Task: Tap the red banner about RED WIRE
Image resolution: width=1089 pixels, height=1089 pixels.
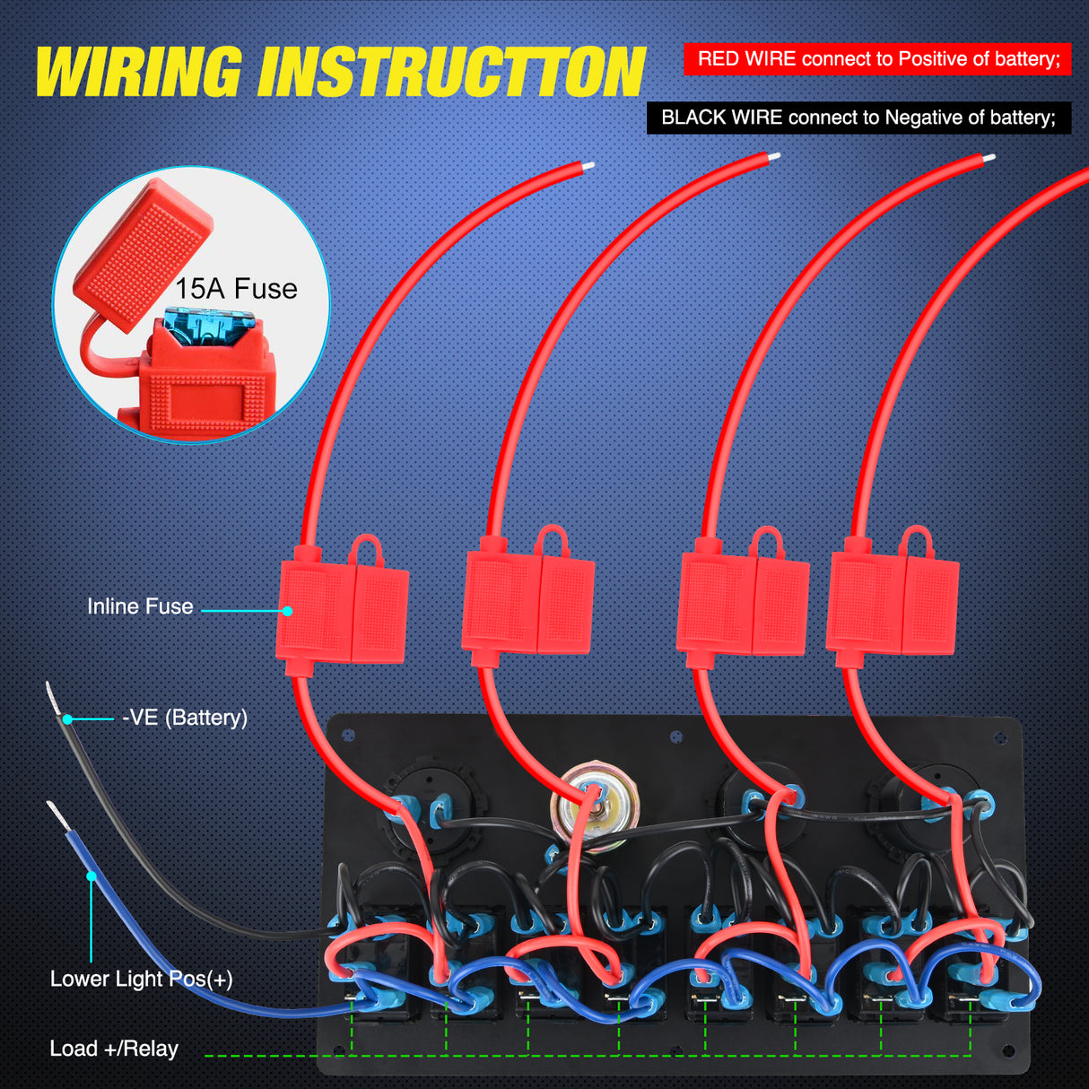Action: click(x=877, y=59)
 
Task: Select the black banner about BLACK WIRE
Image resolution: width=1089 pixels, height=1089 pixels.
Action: click(x=858, y=118)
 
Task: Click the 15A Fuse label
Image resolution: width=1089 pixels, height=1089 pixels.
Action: click(x=236, y=289)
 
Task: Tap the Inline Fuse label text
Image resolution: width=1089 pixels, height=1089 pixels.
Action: click(x=140, y=606)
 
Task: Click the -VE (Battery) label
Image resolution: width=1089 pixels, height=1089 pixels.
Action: click(x=185, y=718)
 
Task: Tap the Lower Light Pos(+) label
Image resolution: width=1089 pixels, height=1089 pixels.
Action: click(x=141, y=979)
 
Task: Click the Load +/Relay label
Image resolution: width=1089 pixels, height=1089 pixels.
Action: click(x=114, y=1049)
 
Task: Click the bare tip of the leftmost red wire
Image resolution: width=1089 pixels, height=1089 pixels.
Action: click(x=588, y=166)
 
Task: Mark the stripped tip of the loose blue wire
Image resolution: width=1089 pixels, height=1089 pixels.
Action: click(x=57, y=815)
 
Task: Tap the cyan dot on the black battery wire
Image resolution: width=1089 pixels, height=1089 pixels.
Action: click(x=67, y=719)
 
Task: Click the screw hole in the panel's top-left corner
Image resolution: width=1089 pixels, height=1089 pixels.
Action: click(x=348, y=736)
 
